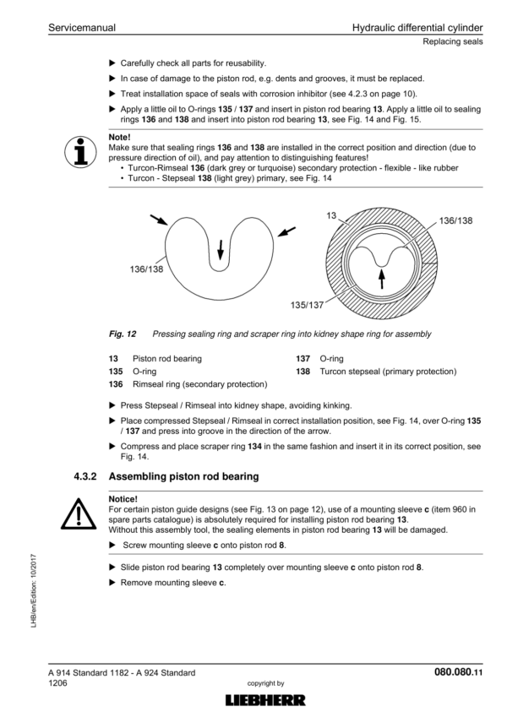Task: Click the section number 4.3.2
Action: pos(87,476)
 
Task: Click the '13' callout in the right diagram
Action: pos(331,217)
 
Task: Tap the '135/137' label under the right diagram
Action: pos(308,304)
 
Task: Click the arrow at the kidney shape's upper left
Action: pos(159,220)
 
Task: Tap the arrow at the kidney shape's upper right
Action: pos(287,229)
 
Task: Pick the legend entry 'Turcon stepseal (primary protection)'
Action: pos(388,372)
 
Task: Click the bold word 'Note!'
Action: pos(120,136)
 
